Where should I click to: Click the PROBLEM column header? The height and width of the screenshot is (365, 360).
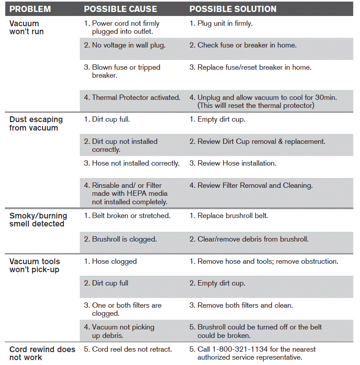[30, 9]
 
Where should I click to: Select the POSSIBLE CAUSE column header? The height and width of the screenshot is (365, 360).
[120, 9]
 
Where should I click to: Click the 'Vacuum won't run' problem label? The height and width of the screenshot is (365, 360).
[27, 28]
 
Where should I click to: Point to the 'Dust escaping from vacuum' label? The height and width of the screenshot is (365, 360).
[36, 123]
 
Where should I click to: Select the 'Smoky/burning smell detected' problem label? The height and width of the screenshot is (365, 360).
[38, 220]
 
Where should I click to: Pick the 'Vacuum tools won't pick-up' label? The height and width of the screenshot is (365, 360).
[35, 266]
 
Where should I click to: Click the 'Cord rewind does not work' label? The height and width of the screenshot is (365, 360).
[42, 353]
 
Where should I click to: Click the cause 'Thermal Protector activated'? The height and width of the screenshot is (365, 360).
[135, 97]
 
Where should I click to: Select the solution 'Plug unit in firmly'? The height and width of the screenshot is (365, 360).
[225, 24]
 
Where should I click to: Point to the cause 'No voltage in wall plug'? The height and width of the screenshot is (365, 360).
[128, 45]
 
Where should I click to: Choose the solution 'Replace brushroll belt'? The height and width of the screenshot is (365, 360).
[232, 216]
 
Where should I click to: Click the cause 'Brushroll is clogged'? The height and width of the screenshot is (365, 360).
[124, 239]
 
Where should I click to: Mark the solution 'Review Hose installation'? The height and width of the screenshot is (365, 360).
[236, 163]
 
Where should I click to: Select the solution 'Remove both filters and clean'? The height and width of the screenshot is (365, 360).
[245, 305]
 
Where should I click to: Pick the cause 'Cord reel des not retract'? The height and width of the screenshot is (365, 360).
[131, 349]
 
